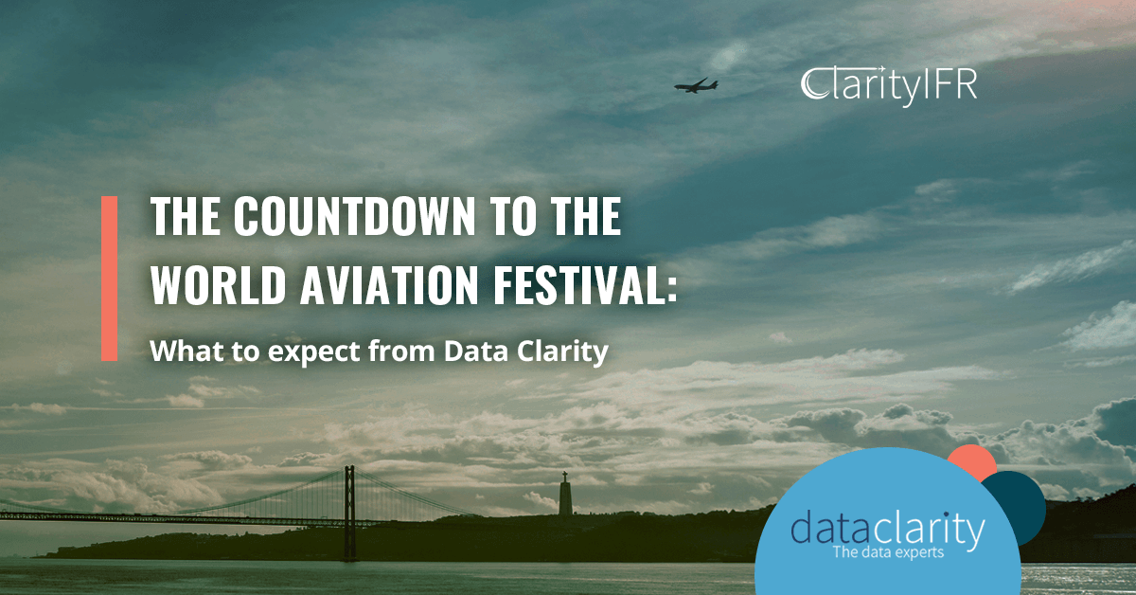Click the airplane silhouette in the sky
point(696,86)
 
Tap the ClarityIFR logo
point(889,85)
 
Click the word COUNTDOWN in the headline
point(354,216)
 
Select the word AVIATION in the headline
point(389,285)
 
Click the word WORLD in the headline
point(218,285)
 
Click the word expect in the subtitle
point(314,352)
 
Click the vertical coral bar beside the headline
point(109,279)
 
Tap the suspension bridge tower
point(349,513)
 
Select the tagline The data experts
point(888,551)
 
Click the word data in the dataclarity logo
point(831,529)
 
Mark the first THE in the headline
point(186,216)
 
